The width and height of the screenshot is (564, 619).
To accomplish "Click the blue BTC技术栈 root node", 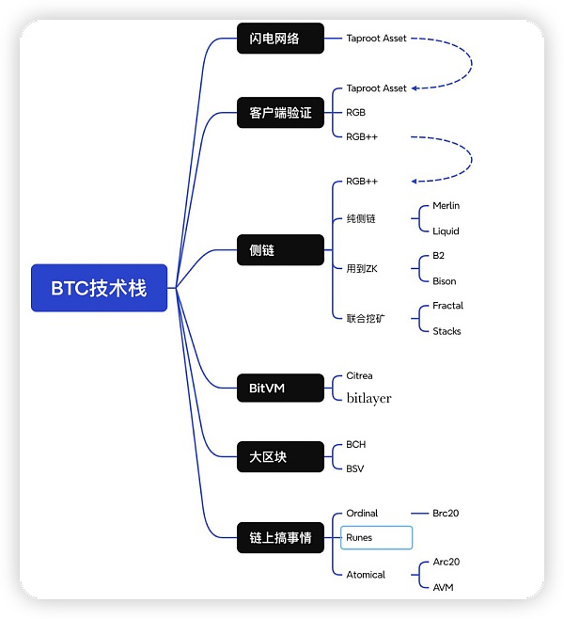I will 99,288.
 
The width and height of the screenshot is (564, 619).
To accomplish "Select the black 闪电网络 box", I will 280,39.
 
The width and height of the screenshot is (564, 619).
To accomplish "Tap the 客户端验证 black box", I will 280,113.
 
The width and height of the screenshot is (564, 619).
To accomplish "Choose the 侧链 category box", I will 280,250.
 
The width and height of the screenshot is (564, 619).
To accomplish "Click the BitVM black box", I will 280,387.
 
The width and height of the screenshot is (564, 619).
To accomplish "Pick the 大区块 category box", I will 280,457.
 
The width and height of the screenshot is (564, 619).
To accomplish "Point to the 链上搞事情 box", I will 280,538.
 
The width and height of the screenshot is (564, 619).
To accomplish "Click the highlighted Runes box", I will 376,538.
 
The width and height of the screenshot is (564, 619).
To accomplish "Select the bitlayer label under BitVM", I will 368,398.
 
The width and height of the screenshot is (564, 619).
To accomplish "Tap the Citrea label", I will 359,375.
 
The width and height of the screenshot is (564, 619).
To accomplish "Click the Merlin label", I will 446,205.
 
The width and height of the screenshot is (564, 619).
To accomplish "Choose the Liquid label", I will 446,230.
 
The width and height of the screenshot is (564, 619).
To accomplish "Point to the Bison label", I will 444,280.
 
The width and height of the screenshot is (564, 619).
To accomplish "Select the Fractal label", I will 447,306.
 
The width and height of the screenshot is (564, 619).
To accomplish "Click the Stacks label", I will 446,331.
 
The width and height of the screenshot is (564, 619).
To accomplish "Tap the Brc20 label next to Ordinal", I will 446,514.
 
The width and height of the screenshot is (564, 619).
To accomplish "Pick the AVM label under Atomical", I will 443,587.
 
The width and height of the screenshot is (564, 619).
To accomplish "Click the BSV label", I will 355,468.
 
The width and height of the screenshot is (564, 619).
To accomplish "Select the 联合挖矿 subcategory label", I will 366,318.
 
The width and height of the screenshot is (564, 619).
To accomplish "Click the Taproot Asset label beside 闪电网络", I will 376,39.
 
